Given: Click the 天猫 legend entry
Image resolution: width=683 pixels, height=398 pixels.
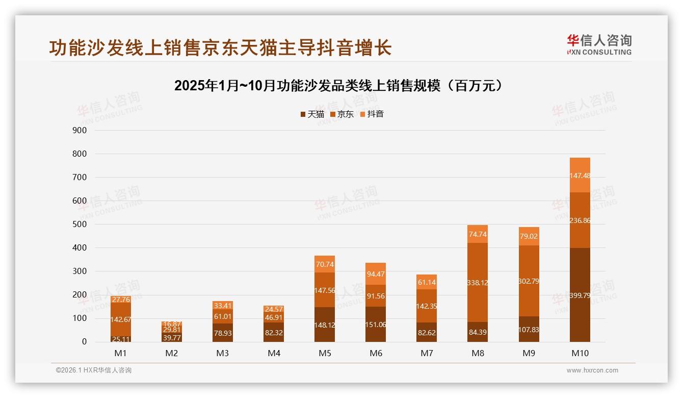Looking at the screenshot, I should pos(312,114).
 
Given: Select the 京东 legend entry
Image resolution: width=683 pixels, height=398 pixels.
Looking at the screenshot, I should pos(341,114).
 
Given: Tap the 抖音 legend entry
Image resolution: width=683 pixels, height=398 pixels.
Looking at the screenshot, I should pos(372,114).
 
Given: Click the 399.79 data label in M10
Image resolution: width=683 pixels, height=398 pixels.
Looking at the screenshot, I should pos(580,295).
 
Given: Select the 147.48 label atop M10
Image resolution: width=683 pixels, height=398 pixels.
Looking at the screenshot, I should pos(580,175).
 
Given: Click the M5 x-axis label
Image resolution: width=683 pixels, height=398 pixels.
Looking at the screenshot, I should pos(325,353).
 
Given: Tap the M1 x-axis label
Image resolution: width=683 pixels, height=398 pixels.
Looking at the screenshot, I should pos(121,353).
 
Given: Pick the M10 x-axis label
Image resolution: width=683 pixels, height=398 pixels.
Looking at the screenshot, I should pos(580,353).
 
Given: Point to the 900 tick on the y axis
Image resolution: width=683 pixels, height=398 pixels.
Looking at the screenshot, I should pos(80,130).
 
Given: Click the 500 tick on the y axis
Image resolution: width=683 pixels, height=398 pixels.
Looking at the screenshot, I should pos(80,224).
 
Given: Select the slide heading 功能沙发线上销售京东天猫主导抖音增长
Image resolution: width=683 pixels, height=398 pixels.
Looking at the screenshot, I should pos(220,47).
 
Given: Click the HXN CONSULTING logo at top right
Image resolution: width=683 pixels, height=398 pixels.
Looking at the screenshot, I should pos(599,45).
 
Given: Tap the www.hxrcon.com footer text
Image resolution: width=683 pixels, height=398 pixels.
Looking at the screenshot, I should pos(592,370).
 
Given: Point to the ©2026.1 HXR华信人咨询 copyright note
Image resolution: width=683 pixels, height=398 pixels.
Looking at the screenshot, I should pos(94,370).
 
